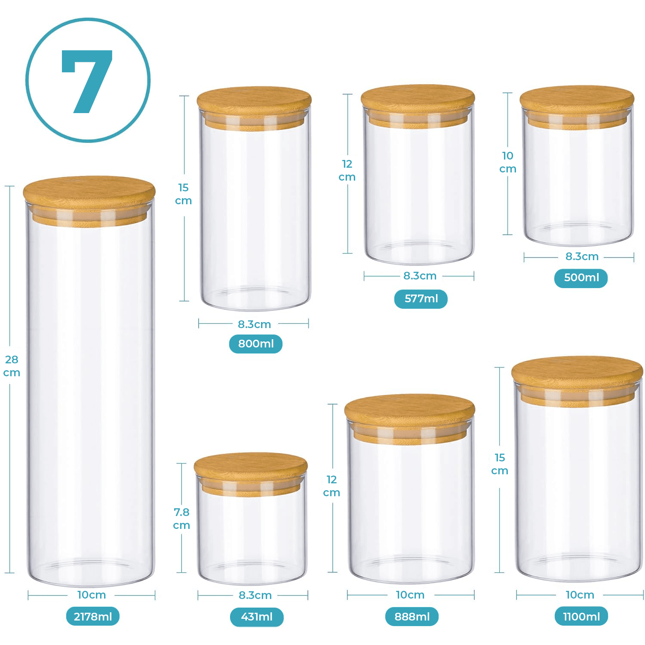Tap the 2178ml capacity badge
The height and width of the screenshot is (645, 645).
93,617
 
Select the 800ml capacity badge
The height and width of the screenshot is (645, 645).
256,344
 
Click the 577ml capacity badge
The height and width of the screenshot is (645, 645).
421,299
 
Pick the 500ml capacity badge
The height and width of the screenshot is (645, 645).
581,278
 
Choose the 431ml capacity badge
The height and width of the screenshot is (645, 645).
257,617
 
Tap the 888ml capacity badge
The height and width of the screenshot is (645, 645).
412,617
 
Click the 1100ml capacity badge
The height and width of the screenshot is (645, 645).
581,617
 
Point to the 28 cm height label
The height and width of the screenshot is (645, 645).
12,366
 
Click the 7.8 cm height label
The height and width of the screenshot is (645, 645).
181,519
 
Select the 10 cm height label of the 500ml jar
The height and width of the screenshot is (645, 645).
508,162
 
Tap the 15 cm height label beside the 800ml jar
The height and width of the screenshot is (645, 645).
184,194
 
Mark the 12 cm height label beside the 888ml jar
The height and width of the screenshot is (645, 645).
332,486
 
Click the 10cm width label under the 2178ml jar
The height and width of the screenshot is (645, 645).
92,595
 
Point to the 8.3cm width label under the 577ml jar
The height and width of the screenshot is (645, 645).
420,276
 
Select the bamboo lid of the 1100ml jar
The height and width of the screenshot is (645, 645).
577,380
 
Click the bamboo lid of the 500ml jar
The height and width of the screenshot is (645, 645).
577,107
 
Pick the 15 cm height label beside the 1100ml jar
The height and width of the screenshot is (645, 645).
500,464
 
